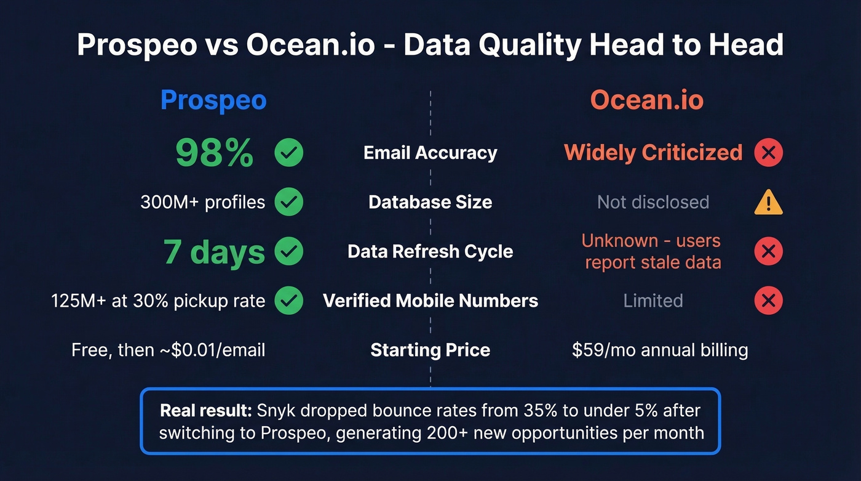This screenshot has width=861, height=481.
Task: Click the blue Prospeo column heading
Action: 213,100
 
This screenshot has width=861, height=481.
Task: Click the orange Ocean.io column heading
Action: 647,100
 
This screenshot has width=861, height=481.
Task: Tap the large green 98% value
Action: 215,153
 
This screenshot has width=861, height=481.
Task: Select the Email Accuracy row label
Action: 430,153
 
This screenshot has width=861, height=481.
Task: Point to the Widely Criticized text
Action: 653,153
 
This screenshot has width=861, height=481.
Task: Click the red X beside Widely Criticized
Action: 768,153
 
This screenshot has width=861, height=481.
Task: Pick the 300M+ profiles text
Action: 203,202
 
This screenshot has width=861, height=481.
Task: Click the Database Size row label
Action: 430,202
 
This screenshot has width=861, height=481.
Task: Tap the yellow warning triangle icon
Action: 768,202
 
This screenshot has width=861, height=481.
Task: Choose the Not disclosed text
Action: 653,202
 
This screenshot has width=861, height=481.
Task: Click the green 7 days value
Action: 215,251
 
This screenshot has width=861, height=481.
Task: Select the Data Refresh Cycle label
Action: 430,251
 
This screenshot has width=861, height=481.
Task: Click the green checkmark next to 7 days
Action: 288,251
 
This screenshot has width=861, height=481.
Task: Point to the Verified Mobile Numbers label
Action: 430,301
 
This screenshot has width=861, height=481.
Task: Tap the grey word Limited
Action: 653,301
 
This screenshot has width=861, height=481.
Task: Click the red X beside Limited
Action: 768,301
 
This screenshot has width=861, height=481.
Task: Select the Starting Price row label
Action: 430,350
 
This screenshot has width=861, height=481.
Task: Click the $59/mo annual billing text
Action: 660,350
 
